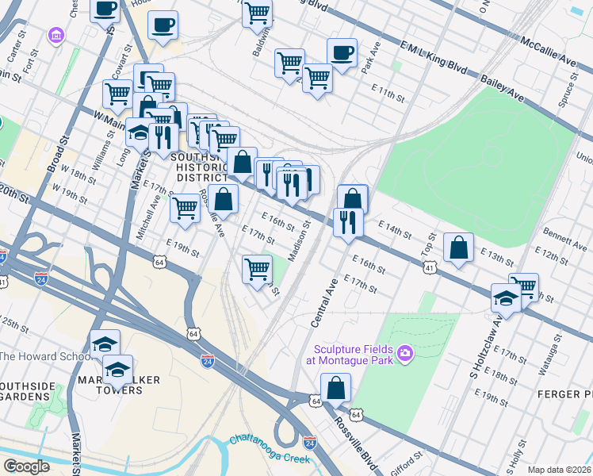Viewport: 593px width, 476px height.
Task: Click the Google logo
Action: pos(26,466)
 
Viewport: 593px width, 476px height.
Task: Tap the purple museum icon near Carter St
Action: pos(56,36)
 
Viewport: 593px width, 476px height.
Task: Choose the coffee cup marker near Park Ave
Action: pos(342,53)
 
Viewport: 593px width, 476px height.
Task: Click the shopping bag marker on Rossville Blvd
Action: pos(335,389)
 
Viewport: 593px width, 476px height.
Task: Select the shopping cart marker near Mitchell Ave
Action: pos(185,209)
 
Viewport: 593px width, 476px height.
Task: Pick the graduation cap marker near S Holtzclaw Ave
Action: pos(505,298)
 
